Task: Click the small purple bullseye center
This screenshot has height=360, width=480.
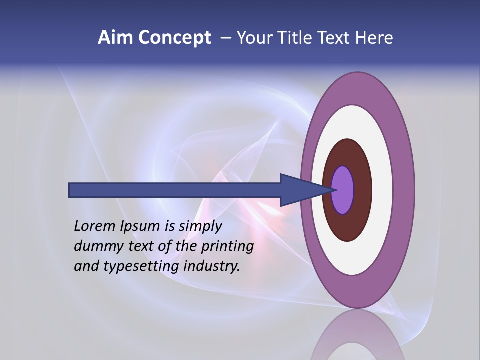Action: (x=343, y=190)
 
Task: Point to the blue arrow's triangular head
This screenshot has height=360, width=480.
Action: (x=300, y=190)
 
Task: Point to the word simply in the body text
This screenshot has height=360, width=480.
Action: (x=200, y=226)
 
